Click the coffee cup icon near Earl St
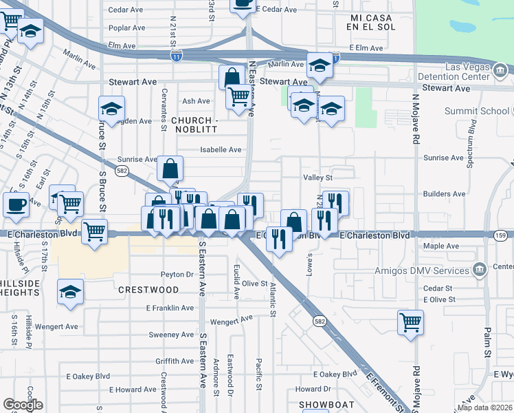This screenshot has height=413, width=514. point(16,204)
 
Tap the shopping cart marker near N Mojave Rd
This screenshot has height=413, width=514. point(410,322)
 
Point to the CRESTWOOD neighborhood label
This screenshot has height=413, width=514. point(143,290)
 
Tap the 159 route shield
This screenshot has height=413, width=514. point(501,235)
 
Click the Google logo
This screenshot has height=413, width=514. point(23,405)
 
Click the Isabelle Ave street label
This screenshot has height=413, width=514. point(221,149)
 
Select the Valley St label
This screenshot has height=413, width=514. point(318,177)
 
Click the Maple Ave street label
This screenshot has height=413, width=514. point(442,246)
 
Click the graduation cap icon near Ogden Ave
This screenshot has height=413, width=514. point(111,109)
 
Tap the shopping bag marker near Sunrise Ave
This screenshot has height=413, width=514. point(170,168)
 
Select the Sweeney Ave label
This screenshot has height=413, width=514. point(171,335)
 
